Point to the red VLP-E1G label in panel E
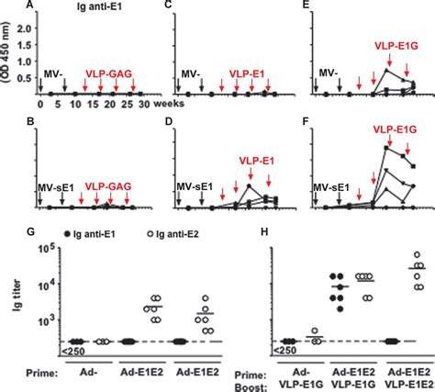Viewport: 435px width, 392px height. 395,43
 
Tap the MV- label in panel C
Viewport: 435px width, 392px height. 188,72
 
